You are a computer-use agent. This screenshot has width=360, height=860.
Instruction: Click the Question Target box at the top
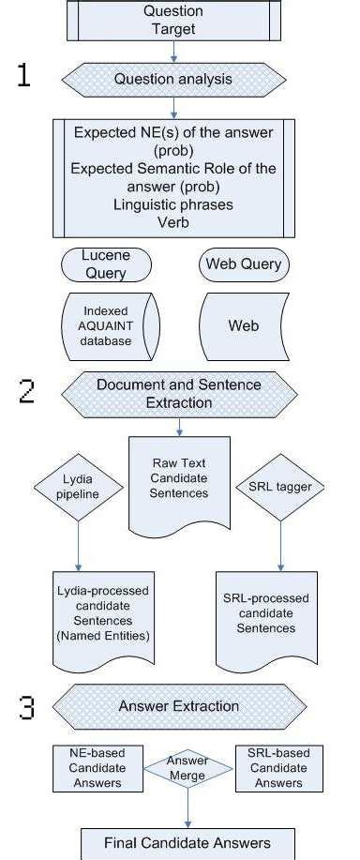click(172, 20)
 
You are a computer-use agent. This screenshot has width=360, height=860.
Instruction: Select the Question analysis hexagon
click(174, 79)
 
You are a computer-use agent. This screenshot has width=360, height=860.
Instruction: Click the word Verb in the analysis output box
click(174, 223)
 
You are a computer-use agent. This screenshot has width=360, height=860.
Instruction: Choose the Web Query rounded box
click(243, 264)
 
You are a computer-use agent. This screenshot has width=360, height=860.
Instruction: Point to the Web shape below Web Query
click(243, 325)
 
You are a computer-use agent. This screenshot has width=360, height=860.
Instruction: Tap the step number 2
click(26, 392)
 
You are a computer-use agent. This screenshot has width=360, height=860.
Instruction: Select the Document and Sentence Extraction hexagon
click(178, 393)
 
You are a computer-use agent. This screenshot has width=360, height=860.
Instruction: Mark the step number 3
click(26, 707)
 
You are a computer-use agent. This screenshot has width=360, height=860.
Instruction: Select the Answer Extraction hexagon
click(178, 706)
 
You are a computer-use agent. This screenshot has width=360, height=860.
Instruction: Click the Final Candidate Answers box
click(187, 841)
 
